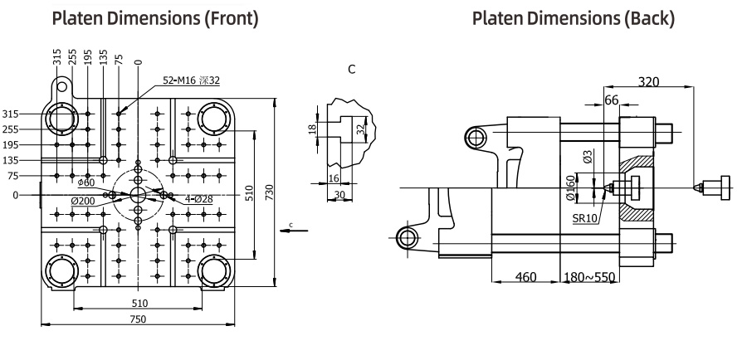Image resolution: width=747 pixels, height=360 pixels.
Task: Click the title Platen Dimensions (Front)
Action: pyautogui.click(x=155, y=18)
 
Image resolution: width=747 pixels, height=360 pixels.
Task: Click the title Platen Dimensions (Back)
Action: pyautogui.click(x=573, y=18)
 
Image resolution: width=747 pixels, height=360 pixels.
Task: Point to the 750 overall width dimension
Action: pyautogui.click(x=138, y=319)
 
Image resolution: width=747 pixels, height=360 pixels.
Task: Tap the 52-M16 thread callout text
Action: pyautogui.click(x=192, y=80)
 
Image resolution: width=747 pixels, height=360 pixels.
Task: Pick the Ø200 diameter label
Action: pyautogui.click(x=83, y=201)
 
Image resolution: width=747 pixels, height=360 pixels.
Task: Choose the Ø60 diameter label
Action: pyautogui.click(x=85, y=182)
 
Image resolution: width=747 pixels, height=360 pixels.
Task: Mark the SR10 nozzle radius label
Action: pyautogui.click(x=585, y=219)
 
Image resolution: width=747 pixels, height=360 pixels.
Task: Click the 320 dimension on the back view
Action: pyautogui.click(x=648, y=82)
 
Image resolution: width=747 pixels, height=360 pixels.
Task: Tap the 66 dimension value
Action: pyautogui.click(x=611, y=100)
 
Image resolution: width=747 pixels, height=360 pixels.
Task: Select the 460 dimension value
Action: pyautogui.click(x=526, y=277)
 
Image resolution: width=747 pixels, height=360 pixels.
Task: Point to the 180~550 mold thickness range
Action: pyautogui.click(x=589, y=277)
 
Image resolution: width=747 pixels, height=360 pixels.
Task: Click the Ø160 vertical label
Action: pyautogui.click(x=572, y=188)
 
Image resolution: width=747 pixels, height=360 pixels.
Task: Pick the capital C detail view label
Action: pyautogui.click(x=352, y=70)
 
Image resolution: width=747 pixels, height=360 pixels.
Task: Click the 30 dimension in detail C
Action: pyautogui.click(x=339, y=195)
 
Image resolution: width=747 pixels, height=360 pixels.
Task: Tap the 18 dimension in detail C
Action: pyautogui.click(x=313, y=129)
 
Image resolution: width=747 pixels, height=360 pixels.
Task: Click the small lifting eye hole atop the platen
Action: pyautogui.click(x=62, y=86)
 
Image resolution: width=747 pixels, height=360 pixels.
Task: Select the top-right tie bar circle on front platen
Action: pyautogui.click(x=214, y=118)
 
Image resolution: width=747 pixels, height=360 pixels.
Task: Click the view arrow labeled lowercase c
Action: pyautogui.click(x=294, y=231)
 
